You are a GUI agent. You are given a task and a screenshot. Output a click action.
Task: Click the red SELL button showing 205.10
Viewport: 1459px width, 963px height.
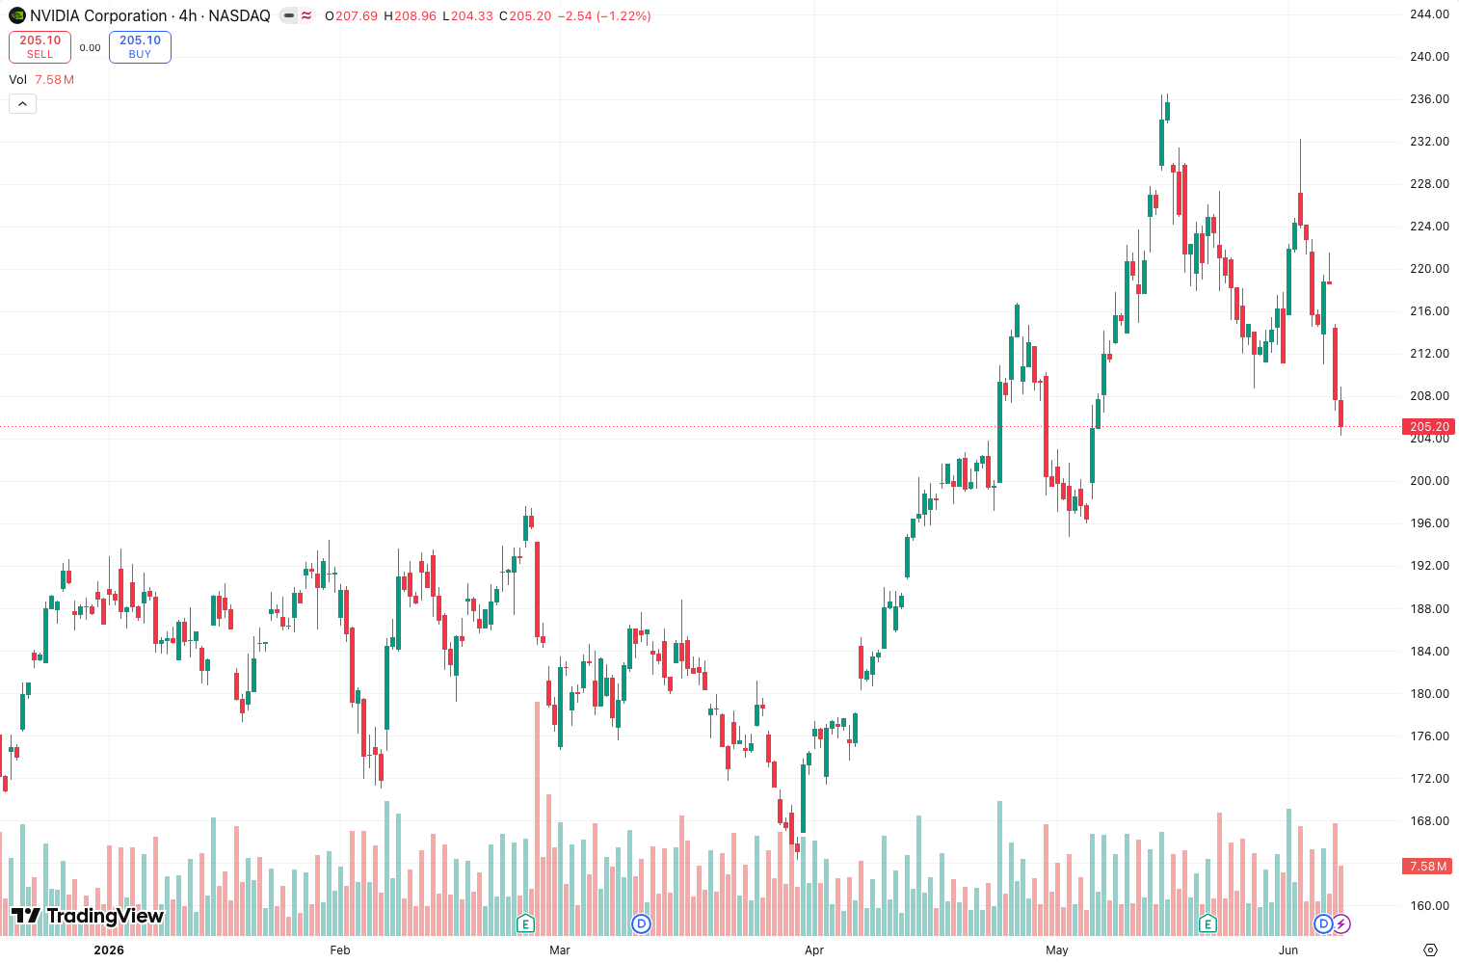40,47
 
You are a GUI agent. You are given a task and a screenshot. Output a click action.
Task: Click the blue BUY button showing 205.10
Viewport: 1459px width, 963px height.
140,47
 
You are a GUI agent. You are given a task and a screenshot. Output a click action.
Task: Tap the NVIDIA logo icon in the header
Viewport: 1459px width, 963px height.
17,15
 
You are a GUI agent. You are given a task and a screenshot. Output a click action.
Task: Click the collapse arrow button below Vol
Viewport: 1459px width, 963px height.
23,103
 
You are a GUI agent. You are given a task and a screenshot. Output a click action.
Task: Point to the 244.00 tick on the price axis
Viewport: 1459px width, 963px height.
1429,14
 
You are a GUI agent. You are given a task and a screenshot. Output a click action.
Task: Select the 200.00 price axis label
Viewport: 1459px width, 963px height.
1429,481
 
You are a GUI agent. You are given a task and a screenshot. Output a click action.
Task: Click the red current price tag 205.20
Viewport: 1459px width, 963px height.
1428,427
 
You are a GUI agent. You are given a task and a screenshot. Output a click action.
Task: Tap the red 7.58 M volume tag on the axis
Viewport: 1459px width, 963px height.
1427,866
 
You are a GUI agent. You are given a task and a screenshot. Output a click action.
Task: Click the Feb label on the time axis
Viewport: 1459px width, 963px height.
340,950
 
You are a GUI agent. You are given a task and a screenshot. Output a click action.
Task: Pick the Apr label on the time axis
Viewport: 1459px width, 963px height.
814,950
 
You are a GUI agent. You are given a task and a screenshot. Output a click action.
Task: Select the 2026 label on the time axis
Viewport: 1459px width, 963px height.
109,950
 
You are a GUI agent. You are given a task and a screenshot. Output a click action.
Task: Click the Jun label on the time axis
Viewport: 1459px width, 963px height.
1288,950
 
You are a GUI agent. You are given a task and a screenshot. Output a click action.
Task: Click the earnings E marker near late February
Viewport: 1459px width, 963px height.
525,923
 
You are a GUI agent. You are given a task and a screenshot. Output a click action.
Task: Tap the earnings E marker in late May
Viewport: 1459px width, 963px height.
1207,923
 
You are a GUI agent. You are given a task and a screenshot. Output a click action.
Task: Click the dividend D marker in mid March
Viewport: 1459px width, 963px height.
642,923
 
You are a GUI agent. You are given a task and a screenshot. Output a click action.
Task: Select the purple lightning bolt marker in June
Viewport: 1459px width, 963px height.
1341,923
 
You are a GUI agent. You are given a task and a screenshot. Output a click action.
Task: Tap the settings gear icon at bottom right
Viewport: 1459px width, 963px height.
1430,950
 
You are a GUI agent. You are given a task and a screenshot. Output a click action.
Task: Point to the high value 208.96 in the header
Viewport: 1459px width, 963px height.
415,15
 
